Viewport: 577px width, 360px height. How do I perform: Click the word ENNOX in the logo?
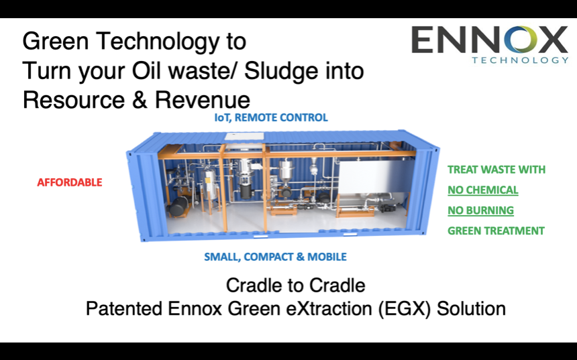[x=490, y=40]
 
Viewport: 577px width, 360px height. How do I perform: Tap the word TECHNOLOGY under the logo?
[x=521, y=60]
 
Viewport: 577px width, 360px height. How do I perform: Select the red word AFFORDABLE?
[x=70, y=182]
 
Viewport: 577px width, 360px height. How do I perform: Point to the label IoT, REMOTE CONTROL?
[x=271, y=118]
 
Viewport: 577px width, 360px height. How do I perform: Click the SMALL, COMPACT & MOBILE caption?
[x=275, y=257]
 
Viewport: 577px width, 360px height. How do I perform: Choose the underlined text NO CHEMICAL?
[x=483, y=190]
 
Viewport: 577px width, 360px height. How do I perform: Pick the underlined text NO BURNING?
[x=480, y=211]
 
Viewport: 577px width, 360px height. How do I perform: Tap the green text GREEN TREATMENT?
[x=496, y=231]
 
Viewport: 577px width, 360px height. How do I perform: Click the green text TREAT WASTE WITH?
[x=496, y=170]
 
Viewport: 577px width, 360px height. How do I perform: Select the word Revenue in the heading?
[x=203, y=100]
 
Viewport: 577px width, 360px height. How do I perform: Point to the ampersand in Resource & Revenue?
[x=140, y=100]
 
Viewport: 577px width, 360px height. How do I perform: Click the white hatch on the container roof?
[x=244, y=137]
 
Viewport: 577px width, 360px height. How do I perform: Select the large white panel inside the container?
[x=373, y=178]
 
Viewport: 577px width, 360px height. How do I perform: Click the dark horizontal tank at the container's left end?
[x=179, y=206]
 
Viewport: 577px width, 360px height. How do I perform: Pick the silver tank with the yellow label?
[x=211, y=182]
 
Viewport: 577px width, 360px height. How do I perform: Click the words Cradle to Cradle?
[x=295, y=286]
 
